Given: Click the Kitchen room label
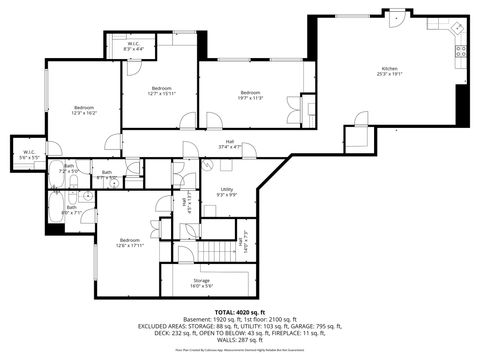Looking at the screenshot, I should (387, 71).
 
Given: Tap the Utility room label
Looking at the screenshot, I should (227, 191).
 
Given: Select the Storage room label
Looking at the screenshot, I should (203, 284).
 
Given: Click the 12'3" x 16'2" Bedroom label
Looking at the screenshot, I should (84, 110).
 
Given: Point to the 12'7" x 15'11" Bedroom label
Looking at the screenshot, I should (163, 91).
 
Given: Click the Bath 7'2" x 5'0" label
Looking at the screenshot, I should (69, 169).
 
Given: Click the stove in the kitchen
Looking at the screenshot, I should (461, 50).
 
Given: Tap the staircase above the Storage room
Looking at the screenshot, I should (212, 252).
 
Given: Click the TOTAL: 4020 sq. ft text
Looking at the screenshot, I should (240, 312).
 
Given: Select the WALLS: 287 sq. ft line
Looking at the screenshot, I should (240, 341).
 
